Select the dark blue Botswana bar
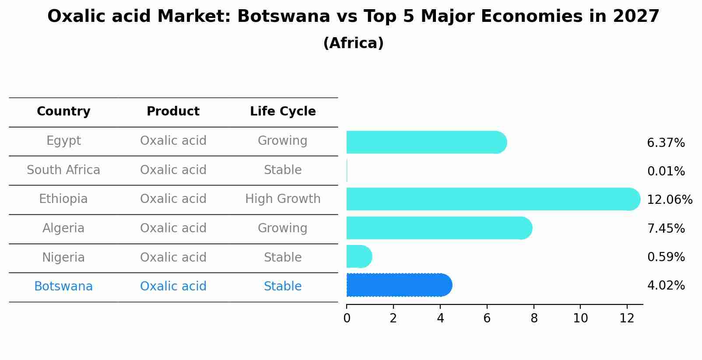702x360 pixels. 398,285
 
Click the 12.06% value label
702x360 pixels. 669,200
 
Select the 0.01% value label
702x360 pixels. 666,171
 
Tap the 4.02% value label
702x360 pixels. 666,286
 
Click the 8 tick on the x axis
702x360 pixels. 534,318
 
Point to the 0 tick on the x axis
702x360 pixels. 347,318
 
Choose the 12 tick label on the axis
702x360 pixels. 627,318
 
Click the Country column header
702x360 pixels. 63,112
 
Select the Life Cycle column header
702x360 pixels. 283,112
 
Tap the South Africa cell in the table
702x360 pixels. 63,170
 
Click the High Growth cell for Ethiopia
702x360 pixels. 283,199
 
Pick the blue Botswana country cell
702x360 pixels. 63,287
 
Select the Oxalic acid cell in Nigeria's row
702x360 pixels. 173,257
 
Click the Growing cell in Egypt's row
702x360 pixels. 283,141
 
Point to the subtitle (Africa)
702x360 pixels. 353,43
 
